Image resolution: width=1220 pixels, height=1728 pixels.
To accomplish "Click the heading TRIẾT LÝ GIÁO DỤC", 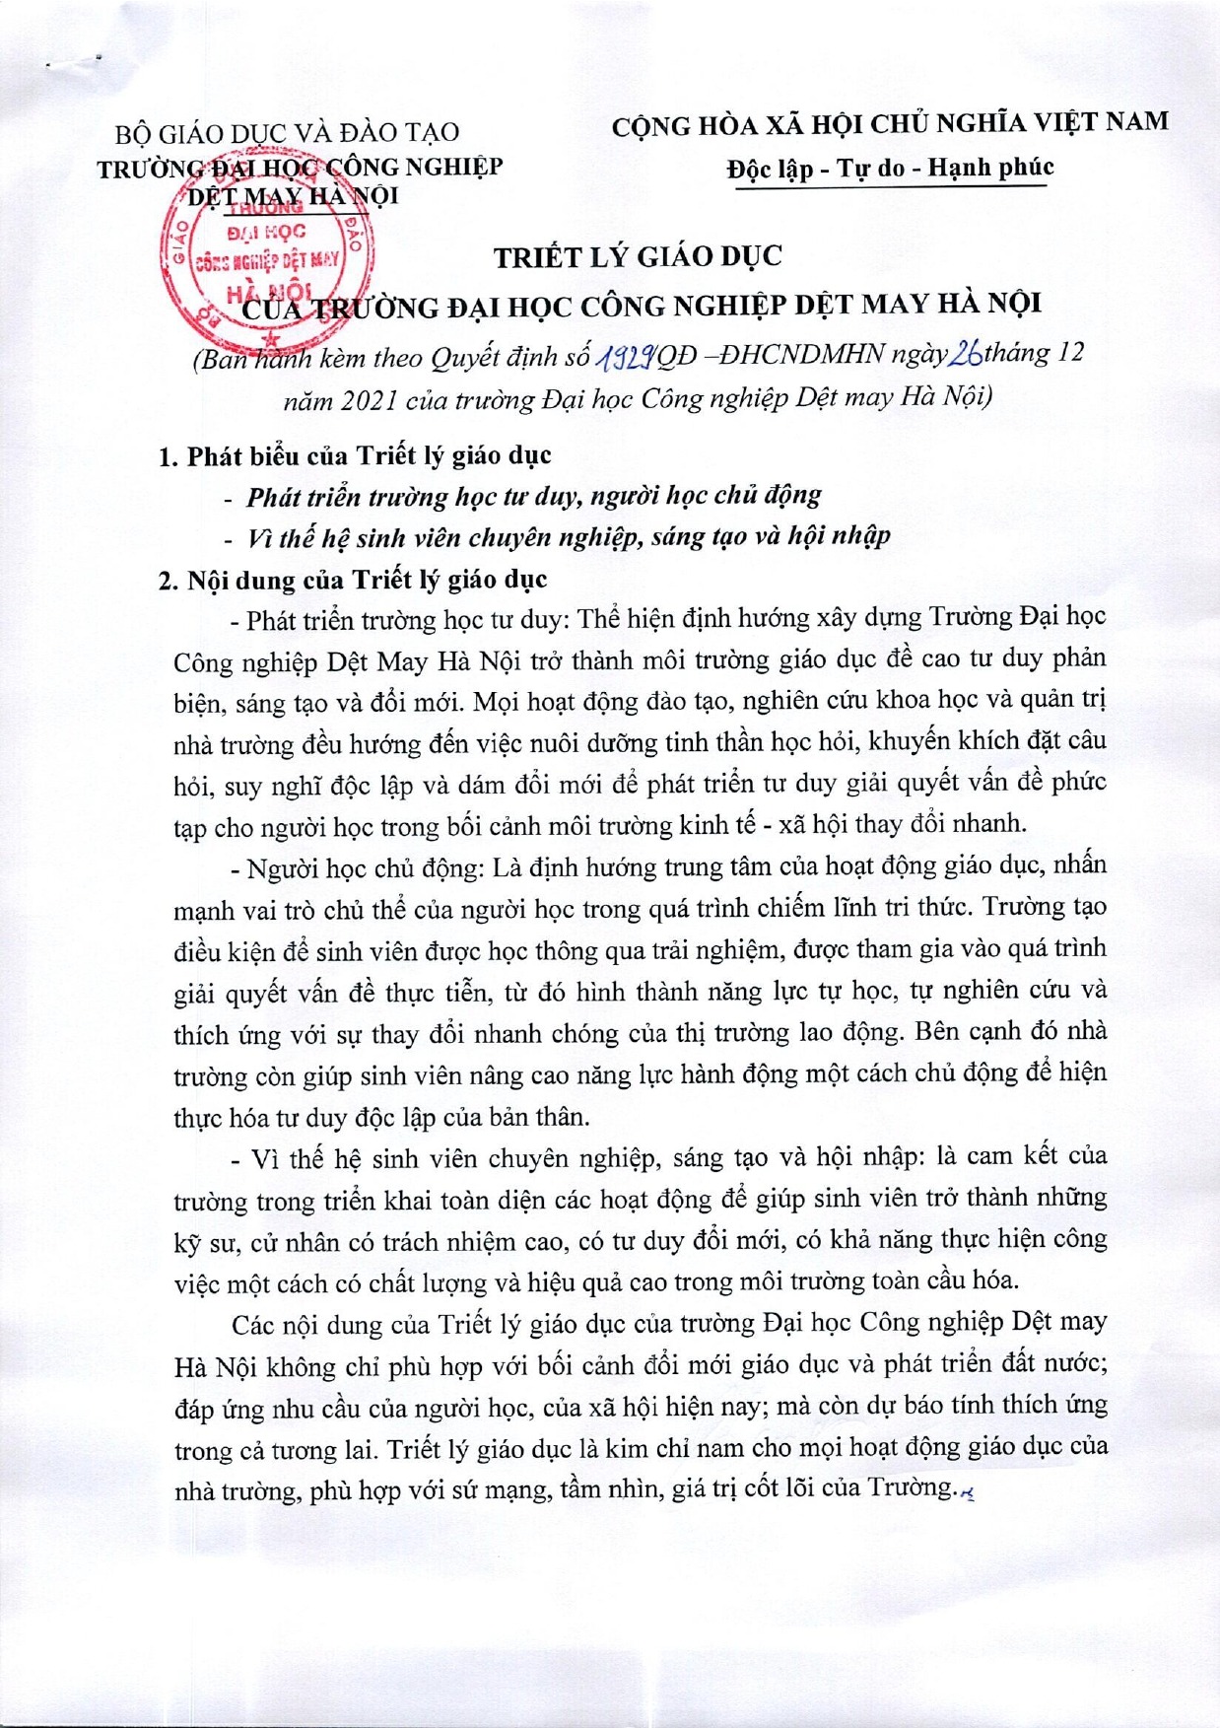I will point(638,256).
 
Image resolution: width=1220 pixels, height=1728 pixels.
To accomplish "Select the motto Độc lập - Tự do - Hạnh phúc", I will point(890,169).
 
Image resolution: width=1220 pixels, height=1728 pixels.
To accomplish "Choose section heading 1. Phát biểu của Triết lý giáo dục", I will point(355,455).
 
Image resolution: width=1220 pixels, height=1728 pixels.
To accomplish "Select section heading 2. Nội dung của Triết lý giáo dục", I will point(353,579).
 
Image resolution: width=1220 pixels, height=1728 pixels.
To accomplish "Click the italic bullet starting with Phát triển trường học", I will point(533,496).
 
